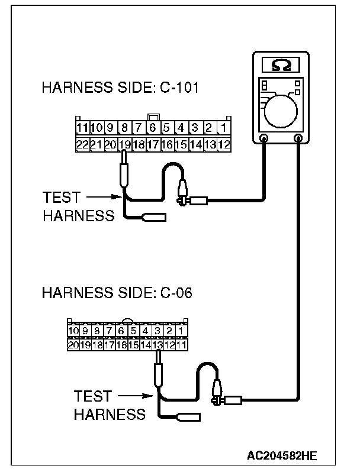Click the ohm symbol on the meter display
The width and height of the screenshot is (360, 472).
point(281,63)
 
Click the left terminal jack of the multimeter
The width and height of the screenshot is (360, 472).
point(264,139)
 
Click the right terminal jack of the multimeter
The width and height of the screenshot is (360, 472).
point(298,139)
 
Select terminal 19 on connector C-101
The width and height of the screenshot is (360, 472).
point(124,144)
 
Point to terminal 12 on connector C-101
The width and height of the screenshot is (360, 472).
point(224,144)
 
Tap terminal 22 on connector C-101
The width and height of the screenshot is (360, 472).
point(82,144)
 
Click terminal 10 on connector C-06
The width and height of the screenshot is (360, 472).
point(73,331)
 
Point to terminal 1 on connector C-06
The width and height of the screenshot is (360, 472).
point(181,331)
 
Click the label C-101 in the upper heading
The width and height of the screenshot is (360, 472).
point(179,89)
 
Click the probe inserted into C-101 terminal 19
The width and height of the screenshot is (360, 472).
point(124,172)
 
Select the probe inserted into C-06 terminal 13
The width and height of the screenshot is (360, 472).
point(157,371)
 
